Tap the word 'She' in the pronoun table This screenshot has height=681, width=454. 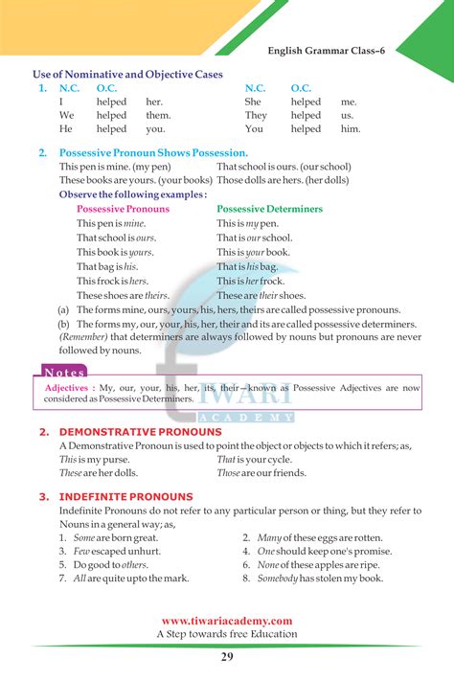pyautogui.click(x=253, y=102)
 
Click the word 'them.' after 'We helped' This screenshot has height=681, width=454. pyautogui.click(x=158, y=115)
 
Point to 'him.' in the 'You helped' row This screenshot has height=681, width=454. pyautogui.click(x=351, y=128)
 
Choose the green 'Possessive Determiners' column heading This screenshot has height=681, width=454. pyautogui.click(x=269, y=209)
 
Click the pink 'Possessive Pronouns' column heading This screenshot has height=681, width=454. pyautogui.click(x=123, y=209)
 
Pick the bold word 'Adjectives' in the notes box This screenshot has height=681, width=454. pyautogui.click(x=66, y=388)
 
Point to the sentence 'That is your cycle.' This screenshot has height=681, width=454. pyautogui.click(x=254, y=460)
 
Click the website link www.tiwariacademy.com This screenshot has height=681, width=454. pyautogui.click(x=227, y=621)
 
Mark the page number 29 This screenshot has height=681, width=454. pyautogui.click(x=226, y=656)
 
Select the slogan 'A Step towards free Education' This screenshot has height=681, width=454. pyautogui.click(x=227, y=634)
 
